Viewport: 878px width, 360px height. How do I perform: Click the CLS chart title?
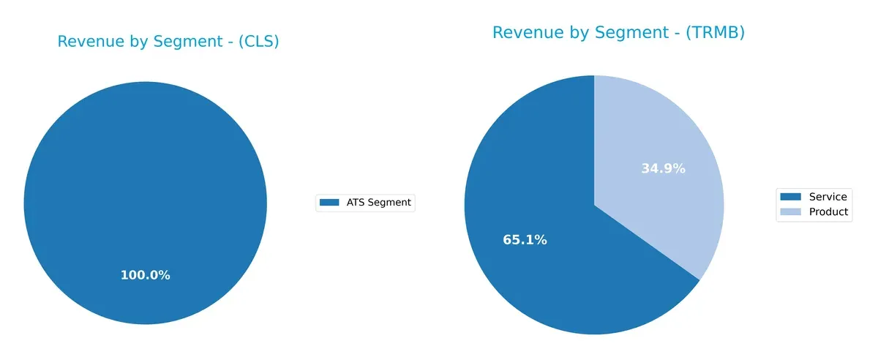(x=168, y=42)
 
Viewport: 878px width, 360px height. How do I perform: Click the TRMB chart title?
(x=618, y=32)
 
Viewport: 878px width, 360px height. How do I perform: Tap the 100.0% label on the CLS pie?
(x=145, y=275)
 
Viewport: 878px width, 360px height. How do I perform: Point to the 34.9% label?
(x=663, y=168)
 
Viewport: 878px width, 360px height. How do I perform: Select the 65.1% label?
(x=525, y=239)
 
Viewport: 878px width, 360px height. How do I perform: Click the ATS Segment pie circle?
(x=145, y=183)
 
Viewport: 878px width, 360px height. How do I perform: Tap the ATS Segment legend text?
(x=378, y=203)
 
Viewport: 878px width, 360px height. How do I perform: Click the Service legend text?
(x=828, y=197)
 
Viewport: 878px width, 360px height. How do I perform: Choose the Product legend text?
(x=828, y=211)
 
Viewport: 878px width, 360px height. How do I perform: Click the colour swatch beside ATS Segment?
(x=331, y=203)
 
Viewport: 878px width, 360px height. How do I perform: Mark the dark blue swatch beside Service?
(x=790, y=197)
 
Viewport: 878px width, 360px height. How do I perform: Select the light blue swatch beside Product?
(x=790, y=211)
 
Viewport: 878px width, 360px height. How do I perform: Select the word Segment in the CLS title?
(x=176, y=42)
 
